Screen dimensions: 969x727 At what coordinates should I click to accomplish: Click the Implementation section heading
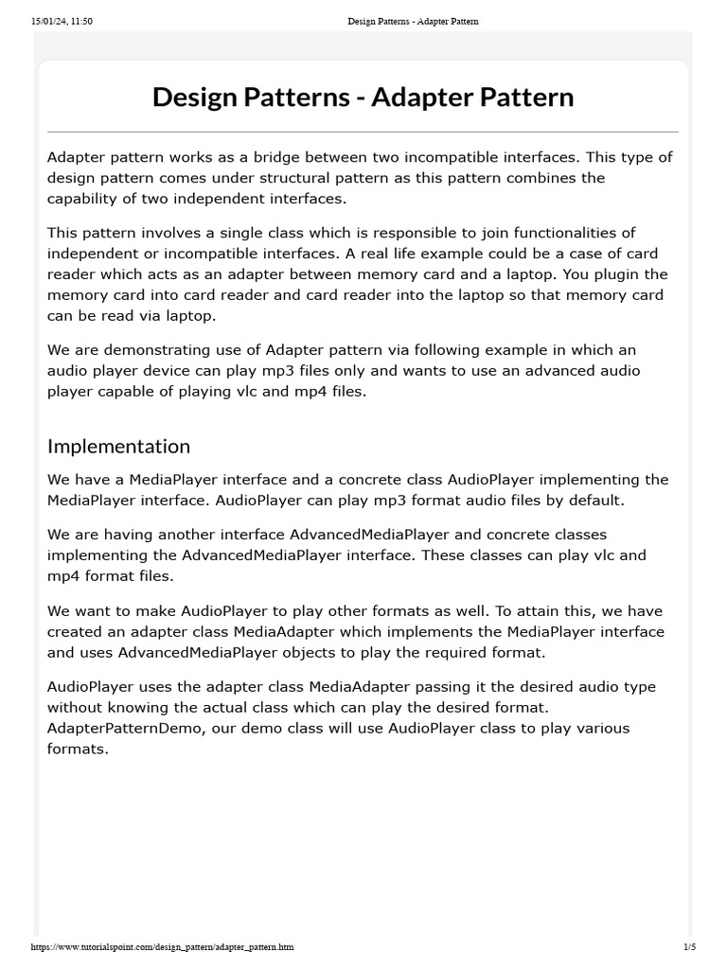coord(118,446)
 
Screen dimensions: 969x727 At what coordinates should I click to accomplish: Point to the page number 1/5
coord(688,946)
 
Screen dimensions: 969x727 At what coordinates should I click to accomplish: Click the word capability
coord(84,199)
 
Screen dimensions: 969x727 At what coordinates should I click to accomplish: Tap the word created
coord(77,632)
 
